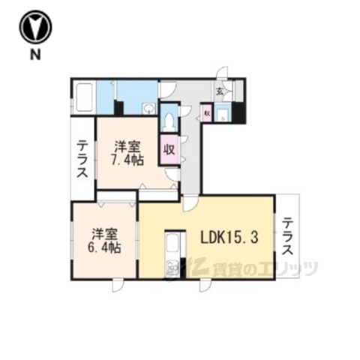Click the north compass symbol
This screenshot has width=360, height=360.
(36, 28)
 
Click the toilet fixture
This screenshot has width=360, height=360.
(167, 120)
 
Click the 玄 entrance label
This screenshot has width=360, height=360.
(220, 92)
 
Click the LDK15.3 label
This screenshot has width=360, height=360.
(229, 239)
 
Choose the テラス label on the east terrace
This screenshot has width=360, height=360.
(287, 237)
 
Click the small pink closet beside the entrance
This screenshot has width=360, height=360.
(207, 115)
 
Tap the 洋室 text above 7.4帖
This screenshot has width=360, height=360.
(128, 145)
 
